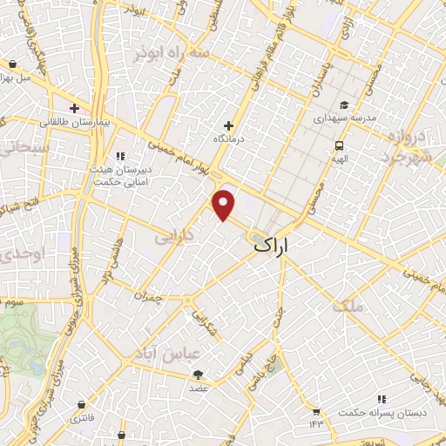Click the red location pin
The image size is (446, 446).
tap(225, 205)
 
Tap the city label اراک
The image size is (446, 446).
tap(282, 247)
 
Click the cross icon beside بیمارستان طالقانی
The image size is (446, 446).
tap(76, 109)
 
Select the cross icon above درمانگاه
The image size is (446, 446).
tap(229, 125)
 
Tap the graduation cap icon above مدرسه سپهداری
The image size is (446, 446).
tap(343, 105)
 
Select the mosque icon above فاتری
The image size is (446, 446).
tap(81, 404)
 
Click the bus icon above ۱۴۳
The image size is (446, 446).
tap(315, 410)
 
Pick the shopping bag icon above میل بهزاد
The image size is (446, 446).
tap(13, 64)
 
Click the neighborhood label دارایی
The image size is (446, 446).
tap(173, 237)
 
